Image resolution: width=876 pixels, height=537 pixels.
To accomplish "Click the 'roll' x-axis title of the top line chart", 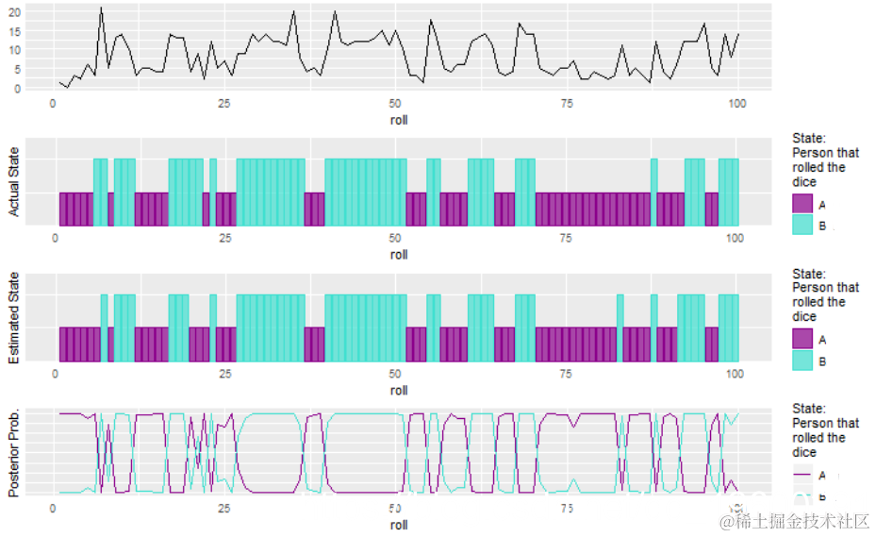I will (x=399, y=120).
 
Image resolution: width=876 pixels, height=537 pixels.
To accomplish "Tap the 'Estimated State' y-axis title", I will (x=14, y=318).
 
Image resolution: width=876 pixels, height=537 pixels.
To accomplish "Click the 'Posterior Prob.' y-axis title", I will (x=14, y=454).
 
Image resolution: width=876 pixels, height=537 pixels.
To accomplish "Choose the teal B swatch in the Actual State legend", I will (x=802, y=226).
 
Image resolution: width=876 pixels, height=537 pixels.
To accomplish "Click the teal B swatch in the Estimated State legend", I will (x=802, y=361).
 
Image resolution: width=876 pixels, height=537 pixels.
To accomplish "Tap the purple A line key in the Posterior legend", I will (x=802, y=475).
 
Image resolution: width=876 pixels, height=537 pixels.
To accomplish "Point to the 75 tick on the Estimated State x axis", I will (x=566, y=374).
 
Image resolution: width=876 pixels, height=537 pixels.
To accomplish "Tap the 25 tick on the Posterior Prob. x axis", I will (x=223, y=509).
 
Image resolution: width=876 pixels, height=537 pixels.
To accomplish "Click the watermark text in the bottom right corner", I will (x=794, y=521).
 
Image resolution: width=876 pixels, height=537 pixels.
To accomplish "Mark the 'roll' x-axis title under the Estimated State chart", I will (x=399, y=390).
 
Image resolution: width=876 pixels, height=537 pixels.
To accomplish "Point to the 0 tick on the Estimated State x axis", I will (x=56, y=374).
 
